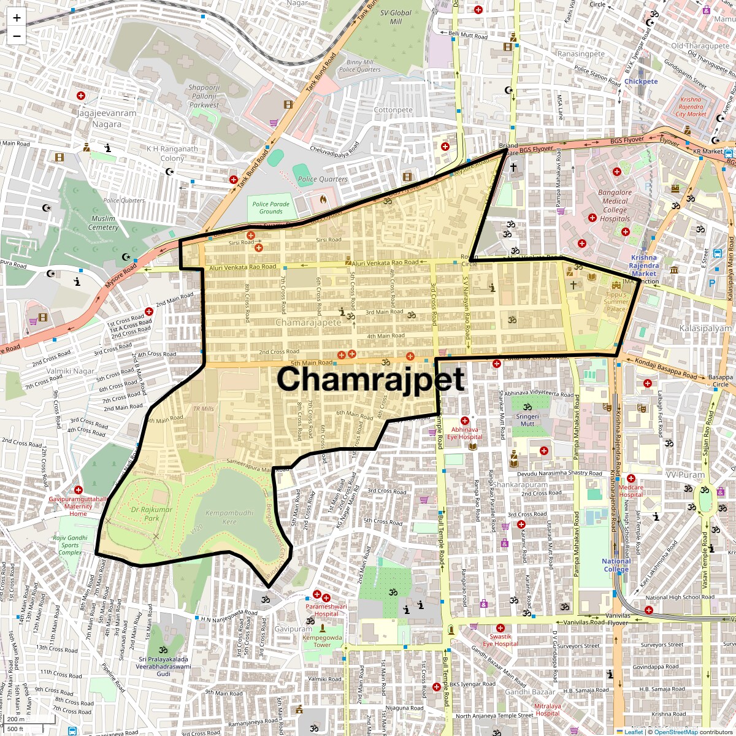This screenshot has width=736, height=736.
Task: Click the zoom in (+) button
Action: coord(17,18)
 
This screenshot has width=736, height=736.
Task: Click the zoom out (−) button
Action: coord(17,36)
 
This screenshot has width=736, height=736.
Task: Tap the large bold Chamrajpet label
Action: coord(370,379)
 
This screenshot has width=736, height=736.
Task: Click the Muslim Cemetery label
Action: coord(103,223)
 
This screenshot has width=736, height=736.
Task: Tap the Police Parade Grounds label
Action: coord(270,208)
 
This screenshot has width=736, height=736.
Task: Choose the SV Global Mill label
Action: coord(396,17)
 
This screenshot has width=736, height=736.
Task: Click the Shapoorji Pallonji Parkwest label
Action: coord(204,96)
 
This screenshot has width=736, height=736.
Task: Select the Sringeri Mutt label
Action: coord(527,420)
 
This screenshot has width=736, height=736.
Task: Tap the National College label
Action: coord(616,565)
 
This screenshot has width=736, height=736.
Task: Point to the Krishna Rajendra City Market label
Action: coord(691,107)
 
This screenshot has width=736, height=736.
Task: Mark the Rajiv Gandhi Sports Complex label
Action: coord(70,545)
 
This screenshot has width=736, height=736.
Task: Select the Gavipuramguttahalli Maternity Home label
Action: coord(78,506)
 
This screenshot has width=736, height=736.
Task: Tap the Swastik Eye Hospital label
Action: coord(500,640)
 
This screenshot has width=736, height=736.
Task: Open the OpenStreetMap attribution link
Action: coord(675,732)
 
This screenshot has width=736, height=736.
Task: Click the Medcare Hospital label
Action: coord(631,491)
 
